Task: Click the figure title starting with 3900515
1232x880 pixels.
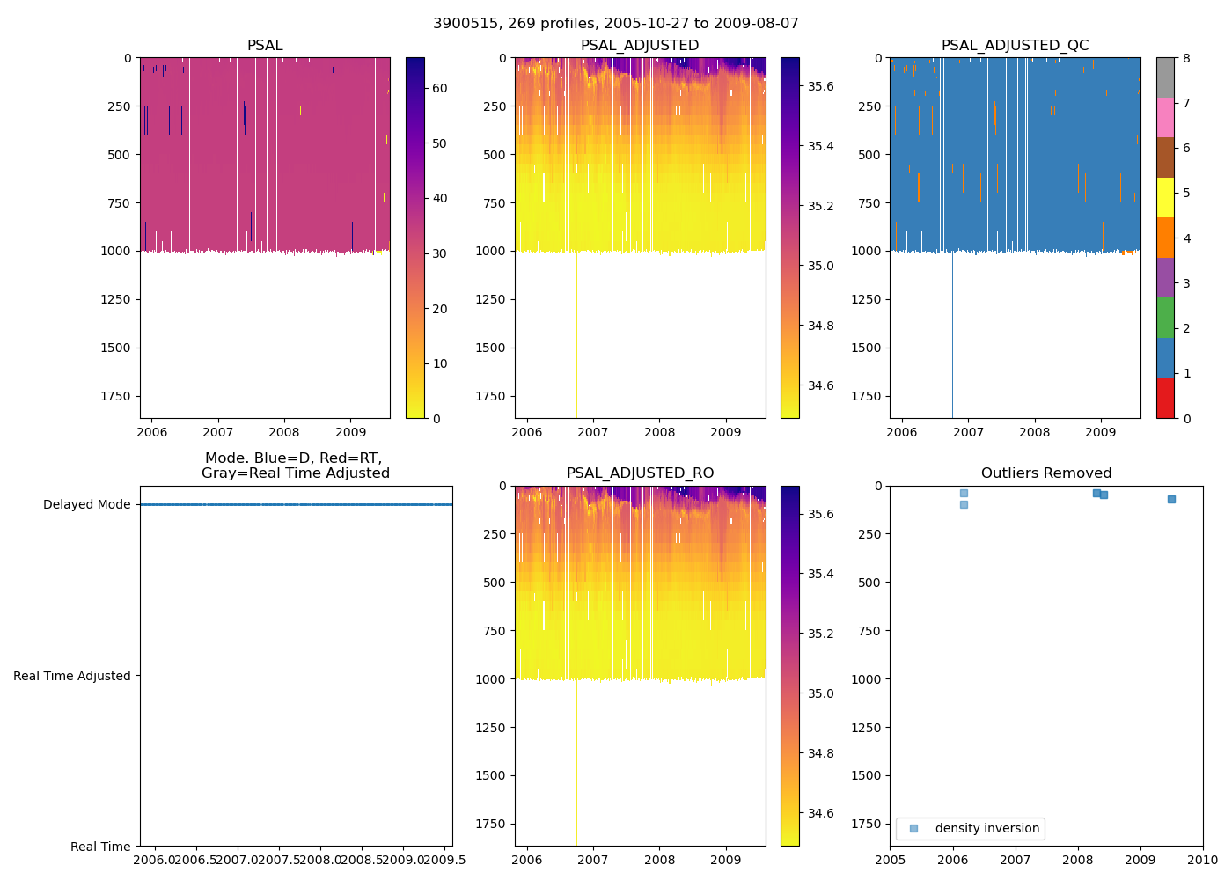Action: tap(616, 24)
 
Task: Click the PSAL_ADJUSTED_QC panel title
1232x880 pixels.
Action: tap(1015, 46)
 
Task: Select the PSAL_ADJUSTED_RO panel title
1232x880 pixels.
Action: tap(640, 473)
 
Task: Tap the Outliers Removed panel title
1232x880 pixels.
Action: tap(1046, 473)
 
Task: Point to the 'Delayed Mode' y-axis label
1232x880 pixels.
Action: tap(86, 505)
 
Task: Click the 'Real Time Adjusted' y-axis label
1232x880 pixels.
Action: tap(72, 676)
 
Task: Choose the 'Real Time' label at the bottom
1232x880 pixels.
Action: tap(100, 847)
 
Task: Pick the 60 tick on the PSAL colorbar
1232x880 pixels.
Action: tap(439, 88)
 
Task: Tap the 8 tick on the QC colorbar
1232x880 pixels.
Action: tap(1186, 58)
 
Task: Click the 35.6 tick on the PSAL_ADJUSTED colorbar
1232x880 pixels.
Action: tap(820, 86)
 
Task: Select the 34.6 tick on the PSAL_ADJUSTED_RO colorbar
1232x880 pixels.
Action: tap(820, 813)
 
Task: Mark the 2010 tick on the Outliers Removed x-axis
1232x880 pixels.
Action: tap(1203, 860)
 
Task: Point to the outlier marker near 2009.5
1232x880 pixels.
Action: tap(1171, 499)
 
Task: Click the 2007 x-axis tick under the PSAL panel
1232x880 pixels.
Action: tap(218, 432)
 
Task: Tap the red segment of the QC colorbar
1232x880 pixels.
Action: tap(1165, 398)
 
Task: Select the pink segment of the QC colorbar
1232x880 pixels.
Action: tap(1165, 117)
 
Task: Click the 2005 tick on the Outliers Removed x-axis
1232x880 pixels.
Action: tap(891, 860)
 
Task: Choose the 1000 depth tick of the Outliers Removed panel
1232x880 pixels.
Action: tap(866, 679)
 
